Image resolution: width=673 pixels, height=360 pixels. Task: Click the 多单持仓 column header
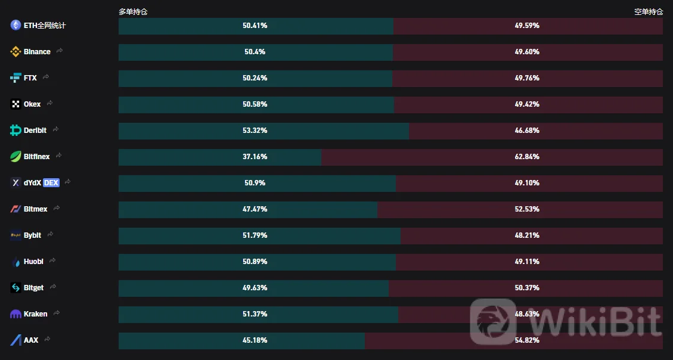(133, 11)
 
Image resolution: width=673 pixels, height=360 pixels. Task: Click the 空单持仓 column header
(648, 11)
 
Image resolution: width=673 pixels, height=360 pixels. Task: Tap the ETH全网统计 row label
(45, 26)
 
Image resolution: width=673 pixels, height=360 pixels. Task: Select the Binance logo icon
(15, 52)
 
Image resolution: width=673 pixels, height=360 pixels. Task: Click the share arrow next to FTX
(46, 77)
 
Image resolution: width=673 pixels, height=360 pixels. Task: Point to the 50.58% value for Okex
(255, 104)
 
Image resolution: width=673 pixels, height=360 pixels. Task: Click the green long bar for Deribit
(179, 131)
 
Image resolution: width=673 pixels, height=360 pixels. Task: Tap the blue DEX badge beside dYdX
(51, 183)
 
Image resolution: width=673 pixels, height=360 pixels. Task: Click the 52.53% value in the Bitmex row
(527, 209)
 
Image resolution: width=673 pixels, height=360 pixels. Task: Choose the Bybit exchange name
(32, 235)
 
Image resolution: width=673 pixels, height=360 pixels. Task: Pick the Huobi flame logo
(15, 262)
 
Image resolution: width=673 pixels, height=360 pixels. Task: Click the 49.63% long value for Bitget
(255, 288)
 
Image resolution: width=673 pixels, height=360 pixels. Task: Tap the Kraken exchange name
(36, 314)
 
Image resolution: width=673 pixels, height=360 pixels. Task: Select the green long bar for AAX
(179, 340)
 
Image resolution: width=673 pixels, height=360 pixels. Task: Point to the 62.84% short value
(527, 157)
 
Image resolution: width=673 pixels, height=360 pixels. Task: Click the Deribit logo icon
(15, 131)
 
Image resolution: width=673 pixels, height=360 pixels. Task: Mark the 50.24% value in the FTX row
(255, 78)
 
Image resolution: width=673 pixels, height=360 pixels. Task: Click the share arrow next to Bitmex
(57, 209)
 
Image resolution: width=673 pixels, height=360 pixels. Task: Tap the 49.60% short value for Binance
(527, 52)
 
